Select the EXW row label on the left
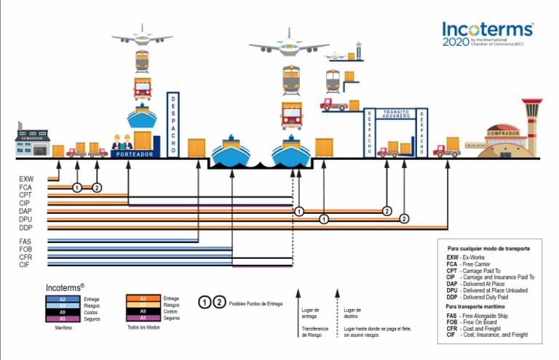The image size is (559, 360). point(27,179)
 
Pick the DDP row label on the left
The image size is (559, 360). point(27,228)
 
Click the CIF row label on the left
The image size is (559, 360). point(25,265)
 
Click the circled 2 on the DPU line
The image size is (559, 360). point(405,219)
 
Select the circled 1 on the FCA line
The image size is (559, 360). point(77,188)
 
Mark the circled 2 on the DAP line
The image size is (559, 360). point(387,211)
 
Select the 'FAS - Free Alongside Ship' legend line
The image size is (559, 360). point(488,316)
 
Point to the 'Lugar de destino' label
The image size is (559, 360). point(352,313)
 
